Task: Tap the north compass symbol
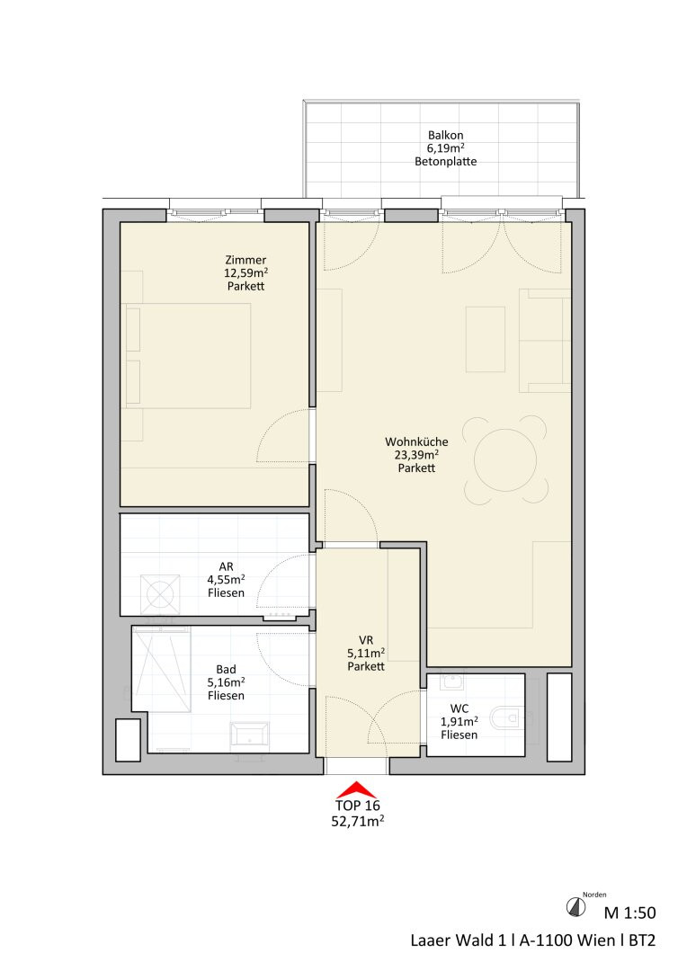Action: pyautogui.click(x=576, y=907)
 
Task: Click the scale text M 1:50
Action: pyautogui.click(x=629, y=913)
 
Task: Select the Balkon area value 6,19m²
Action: pyautogui.click(x=445, y=148)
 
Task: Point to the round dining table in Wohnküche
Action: pyautogui.click(x=505, y=460)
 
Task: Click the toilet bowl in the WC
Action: pyautogui.click(x=506, y=719)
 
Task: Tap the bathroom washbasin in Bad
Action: pyautogui.click(x=250, y=735)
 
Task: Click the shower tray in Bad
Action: pyautogui.click(x=160, y=669)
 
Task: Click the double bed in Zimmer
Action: pyautogui.click(x=188, y=355)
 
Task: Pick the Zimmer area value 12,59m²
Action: pyautogui.click(x=245, y=273)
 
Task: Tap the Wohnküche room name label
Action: pyautogui.click(x=416, y=441)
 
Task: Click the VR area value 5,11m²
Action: pyautogui.click(x=366, y=654)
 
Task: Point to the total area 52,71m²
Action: pyautogui.click(x=358, y=822)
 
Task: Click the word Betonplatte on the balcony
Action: pyautogui.click(x=445, y=162)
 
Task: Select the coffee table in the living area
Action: pyautogui.click(x=485, y=339)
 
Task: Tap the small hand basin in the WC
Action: pyautogui.click(x=452, y=681)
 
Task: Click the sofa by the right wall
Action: pyautogui.click(x=545, y=341)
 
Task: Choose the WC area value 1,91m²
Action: pyautogui.click(x=459, y=721)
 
